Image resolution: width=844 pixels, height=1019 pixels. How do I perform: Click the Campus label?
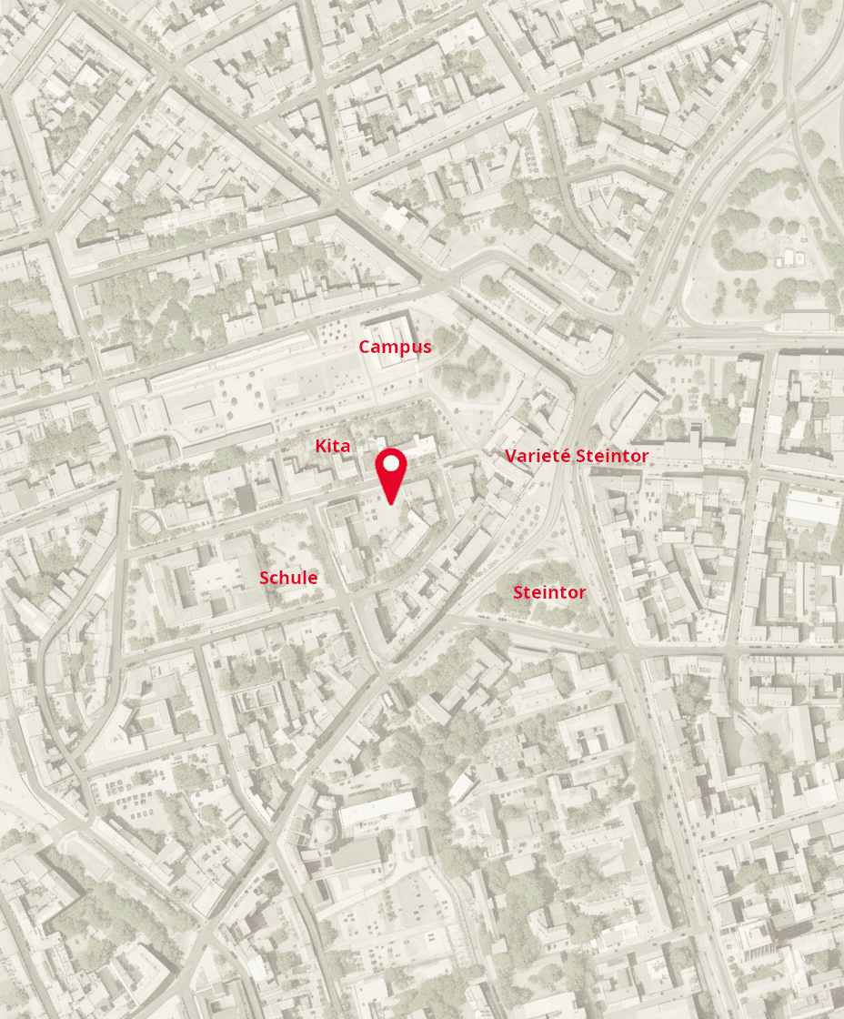click(395, 347)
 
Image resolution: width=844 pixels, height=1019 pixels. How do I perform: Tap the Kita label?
click(332, 446)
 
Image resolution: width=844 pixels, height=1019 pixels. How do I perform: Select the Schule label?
click(288, 578)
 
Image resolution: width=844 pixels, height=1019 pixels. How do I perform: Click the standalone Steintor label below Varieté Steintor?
click(549, 593)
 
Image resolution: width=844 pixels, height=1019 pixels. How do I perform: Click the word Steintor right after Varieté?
click(613, 456)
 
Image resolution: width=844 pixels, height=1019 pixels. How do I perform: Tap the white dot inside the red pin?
click(391, 463)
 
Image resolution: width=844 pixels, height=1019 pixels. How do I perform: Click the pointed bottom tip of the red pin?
click(391, 502)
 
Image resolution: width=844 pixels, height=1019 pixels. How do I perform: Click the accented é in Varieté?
click(567, 455)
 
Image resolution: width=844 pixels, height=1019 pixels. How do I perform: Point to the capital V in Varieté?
click(511, 456)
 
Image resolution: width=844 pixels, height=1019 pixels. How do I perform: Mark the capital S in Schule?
click(265, 578)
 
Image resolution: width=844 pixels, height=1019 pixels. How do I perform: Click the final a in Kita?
click(346, 447)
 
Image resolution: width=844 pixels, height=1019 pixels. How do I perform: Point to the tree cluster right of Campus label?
click(473, 373)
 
